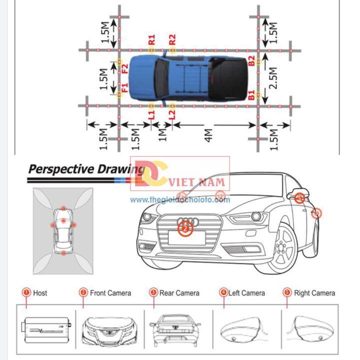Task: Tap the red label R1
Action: [x=152, y=39]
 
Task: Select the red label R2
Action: [x=172, y=39]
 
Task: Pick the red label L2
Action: [x=172, y=114]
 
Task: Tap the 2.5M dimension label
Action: [x=273, y=79]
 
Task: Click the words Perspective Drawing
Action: [x=79, y=168]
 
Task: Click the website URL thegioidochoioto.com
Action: [x=180, y=200]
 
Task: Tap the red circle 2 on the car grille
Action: [x=185, y=229]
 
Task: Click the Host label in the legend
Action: [x=40, y=293]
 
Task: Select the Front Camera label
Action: [x=110, y=293]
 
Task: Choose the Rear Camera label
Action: [x=179, y=293]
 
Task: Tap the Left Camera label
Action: [x=246, y=293]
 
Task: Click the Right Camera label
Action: [x=314, y=293]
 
